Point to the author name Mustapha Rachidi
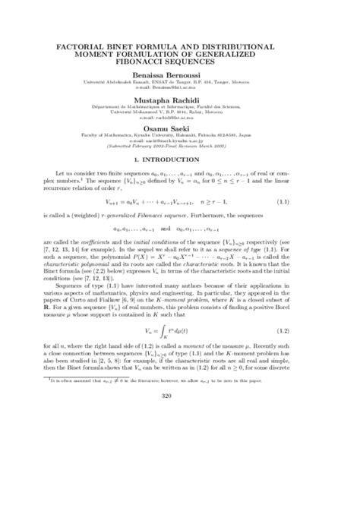pyautogui.click(x=180, y=99)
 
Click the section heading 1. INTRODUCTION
pyautogui.click(x=180, y=162)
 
